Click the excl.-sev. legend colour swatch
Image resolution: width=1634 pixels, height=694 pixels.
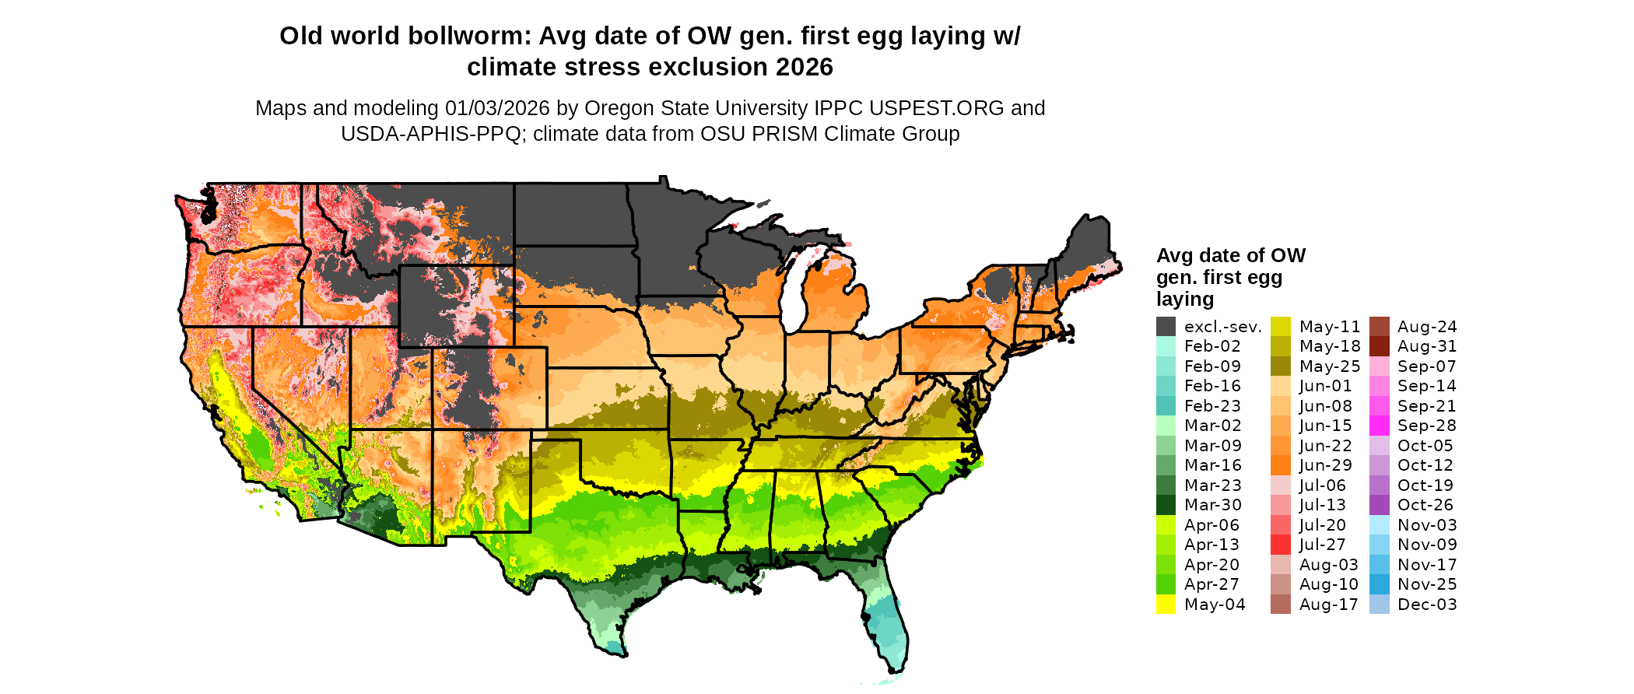click(1166, 327)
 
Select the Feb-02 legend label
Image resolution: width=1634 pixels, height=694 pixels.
click(1212, 346)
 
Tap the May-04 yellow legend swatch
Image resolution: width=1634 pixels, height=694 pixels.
click(1166, 605)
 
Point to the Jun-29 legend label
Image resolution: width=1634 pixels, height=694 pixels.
click(1326, 465)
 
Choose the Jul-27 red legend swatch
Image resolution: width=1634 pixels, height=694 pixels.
click(1281, 545)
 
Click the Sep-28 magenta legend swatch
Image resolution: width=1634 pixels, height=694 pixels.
click(1379, 426)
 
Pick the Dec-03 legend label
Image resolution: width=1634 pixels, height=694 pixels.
click(1427, 605)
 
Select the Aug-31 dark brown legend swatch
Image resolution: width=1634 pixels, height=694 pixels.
click(1379, 346)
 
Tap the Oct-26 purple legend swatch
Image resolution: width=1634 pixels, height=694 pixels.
click(1379, 505)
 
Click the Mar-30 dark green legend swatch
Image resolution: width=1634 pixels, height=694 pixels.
click(1166, 505)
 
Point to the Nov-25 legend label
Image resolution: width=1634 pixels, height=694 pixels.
click(1427, 584)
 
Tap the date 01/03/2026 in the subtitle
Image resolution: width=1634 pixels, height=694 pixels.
click(497, 108)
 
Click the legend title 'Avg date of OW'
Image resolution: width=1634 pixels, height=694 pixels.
click(1230, 255)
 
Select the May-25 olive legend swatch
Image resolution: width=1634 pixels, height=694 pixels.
click(1281, 366)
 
